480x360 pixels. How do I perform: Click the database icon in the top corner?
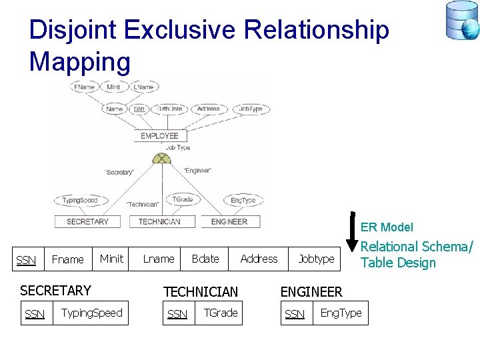pyautogui.click(x=462, y=20)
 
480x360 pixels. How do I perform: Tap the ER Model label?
pyautogui.click(x=387, y=227)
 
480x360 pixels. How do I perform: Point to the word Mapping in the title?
pyautogui.click(x=80, y=61)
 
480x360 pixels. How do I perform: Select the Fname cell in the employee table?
pyautogui.click(x=68, y=259)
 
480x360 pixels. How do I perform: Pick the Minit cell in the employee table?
pyautogui.click(x=111, y=259)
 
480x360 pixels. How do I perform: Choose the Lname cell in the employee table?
pyautogui.click(x=159, y=259)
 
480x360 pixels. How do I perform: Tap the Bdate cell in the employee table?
pyautogui.click(x=205, y=259)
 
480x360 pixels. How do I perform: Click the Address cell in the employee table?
pyautogui.click(x=259, y=259)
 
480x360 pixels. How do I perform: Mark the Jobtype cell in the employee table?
pyautogui.click(x=316, y=259)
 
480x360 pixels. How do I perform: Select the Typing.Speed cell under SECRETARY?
pyautogui.click(x=91, y=313)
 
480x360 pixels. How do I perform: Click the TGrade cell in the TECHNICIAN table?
pyautogui.click(x=220, y=313)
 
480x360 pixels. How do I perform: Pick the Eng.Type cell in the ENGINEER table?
pyautogui.click(x=341, y=313)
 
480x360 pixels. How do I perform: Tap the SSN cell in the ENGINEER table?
pyautogui.click(x=295, y=313)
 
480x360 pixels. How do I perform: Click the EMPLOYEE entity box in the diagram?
pyautogui.click(x=159, y=136)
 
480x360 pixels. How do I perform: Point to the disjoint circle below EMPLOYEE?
pyautogui.click(x=161, y=159)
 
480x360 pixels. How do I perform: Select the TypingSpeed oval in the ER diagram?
pyautogui.click(x=80, y=200)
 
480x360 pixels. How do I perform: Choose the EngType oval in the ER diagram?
pyautogui.click(x=243, y=200)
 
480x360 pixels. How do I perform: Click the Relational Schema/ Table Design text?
pyautogui.click(x=416, y=255)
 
